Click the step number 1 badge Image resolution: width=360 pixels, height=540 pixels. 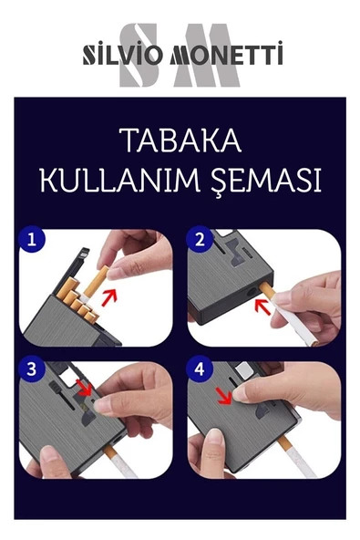(33, 242)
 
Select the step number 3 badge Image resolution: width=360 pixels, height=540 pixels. (33, 370)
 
